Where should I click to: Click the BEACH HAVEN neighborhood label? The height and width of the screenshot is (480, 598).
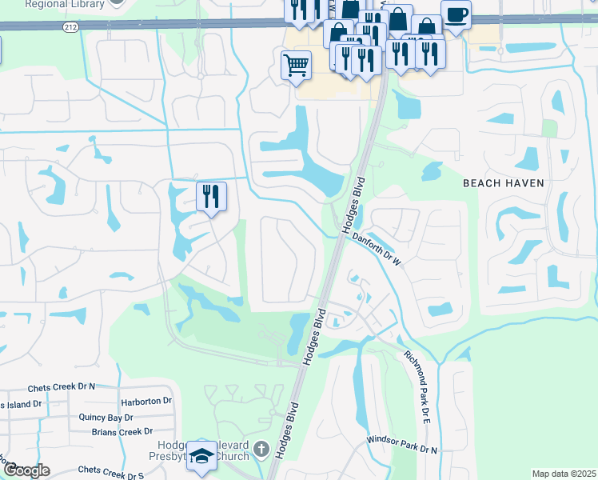[x=504, y=183]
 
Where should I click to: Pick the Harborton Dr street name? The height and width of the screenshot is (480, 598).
[x=146, y=401]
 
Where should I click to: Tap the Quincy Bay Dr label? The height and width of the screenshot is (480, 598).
[x=106, y=418]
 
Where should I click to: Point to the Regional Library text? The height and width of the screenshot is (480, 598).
[x=64, y=4]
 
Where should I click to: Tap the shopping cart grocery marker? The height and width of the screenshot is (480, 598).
[x=296, y=65]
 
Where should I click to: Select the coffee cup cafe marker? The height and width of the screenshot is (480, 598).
[x=456, y=14]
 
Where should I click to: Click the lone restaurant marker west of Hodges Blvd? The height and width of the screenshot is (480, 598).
[x=212, y=196]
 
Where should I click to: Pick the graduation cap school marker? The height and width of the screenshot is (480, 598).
[x=202, y=456]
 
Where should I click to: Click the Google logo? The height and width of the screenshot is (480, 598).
[x=26, y=470]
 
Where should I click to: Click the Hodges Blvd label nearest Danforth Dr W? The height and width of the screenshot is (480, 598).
[x=355, y=205]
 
